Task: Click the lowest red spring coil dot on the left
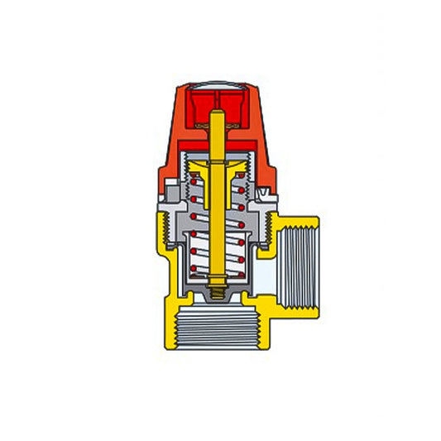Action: point(194,270)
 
